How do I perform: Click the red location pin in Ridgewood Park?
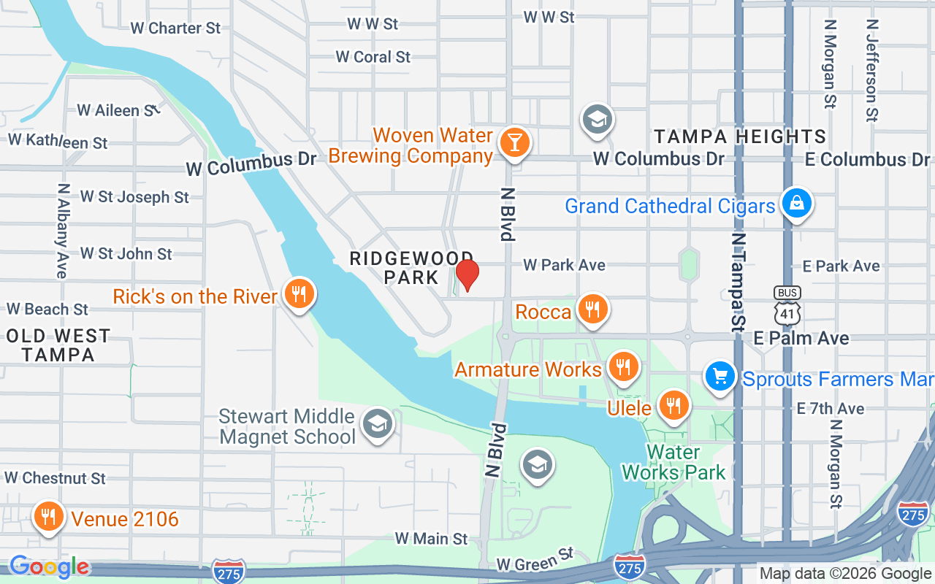(467, 274)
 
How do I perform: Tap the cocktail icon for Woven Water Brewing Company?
(514, 142)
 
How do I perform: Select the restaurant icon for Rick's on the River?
(298, 293)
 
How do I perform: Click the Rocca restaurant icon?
(592, 310)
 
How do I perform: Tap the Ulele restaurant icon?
(672, 405)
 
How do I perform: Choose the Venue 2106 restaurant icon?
(48, 517)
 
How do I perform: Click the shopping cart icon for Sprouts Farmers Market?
(720, 377)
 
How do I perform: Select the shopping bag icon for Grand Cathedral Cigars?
(796, 203)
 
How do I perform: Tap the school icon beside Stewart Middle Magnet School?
(378, 424)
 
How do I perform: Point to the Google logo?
(49, 566)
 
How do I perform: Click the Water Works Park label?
(673, 463)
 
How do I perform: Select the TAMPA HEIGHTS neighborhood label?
(740, 137)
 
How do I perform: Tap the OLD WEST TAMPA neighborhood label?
(58, 345)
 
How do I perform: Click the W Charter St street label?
(175, 28)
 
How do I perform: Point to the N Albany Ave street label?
(62, 230)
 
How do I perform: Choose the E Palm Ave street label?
(801, 338)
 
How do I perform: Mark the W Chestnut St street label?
(56, 478)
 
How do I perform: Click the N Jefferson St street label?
(872, 69)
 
